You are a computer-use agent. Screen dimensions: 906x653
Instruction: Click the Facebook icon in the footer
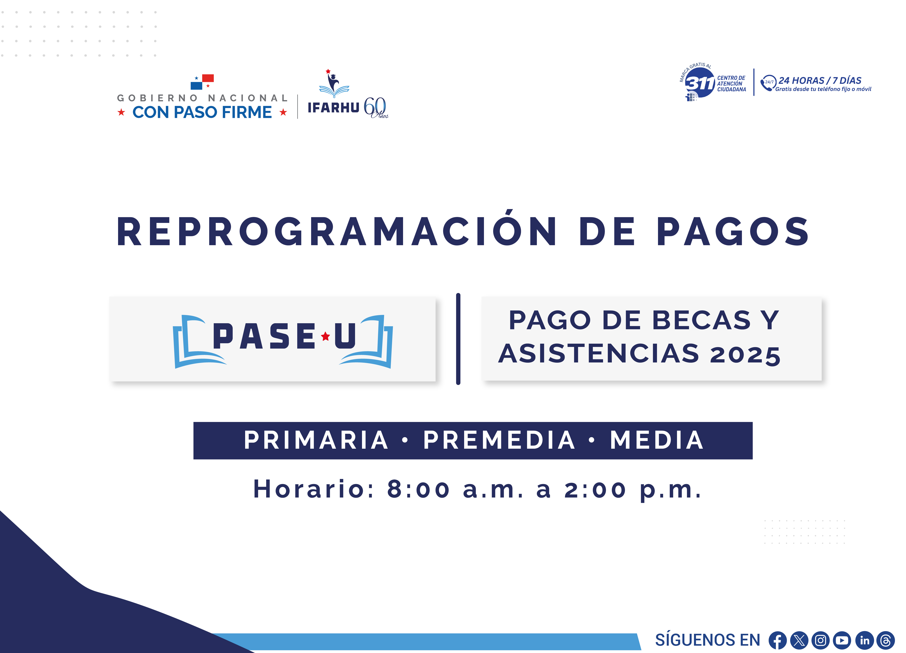(x=777, y=640)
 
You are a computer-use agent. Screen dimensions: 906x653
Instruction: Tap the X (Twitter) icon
(x=799, y=640)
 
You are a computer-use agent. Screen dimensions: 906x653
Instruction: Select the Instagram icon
(x=821, y=640)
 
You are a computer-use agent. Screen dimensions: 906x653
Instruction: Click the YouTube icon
(x=842, y=640)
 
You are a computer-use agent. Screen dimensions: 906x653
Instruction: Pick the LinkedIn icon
(x=864, y=640)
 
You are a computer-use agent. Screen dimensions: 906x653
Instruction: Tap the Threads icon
(x=886, y=640)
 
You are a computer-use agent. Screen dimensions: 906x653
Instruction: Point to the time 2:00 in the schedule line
(x=595, y=489)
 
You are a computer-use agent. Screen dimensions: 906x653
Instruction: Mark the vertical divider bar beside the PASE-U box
(x=458, y=339)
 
